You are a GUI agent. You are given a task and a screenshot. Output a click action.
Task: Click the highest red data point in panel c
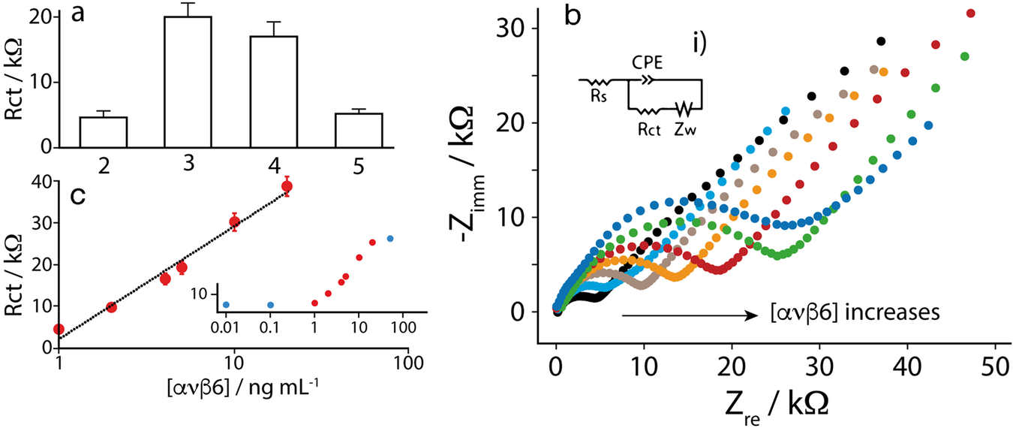click(286, 186)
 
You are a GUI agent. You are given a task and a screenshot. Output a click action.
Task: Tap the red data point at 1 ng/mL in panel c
click(59, 329)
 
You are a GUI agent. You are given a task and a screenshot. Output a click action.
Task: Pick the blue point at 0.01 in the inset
click(226, 304)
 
